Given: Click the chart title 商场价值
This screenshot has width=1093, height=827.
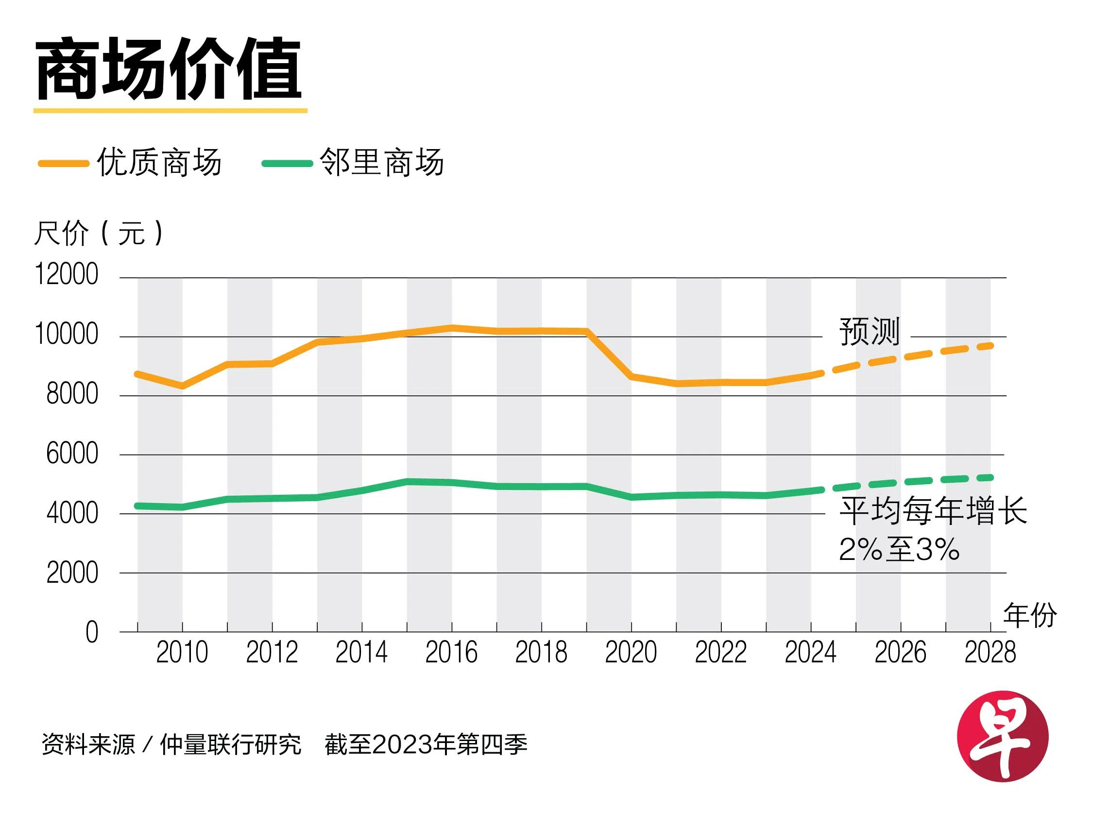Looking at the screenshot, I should [x=169, y=69].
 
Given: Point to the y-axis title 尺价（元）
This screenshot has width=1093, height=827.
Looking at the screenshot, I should [x=99, y=233].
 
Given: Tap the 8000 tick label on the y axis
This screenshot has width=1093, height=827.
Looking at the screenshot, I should [x=72, y=394].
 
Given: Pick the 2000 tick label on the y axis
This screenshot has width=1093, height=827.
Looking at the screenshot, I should [x=72, y=573].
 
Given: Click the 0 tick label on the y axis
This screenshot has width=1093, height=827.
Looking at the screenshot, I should [x=92, y=632].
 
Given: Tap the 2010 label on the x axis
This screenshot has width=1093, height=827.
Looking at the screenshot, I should [x=182, y=653].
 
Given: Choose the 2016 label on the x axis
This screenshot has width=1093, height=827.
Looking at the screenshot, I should [x=451, y=653].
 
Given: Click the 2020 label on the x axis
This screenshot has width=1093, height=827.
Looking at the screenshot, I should [x=631, y=653].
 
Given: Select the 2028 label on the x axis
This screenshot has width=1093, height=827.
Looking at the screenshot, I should [x=990, y=653].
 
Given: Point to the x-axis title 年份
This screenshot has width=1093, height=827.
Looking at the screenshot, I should [x=1030, y=616].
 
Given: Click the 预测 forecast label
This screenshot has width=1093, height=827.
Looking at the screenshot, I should [x=870, y=332].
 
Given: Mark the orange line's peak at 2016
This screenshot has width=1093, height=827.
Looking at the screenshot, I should [x=452, y=327].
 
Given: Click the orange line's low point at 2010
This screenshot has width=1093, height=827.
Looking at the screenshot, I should [x=182, y=386].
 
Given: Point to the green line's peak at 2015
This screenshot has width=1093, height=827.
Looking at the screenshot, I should [x=407, y=481].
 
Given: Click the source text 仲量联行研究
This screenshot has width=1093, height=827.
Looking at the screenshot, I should [x=230, y=745].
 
